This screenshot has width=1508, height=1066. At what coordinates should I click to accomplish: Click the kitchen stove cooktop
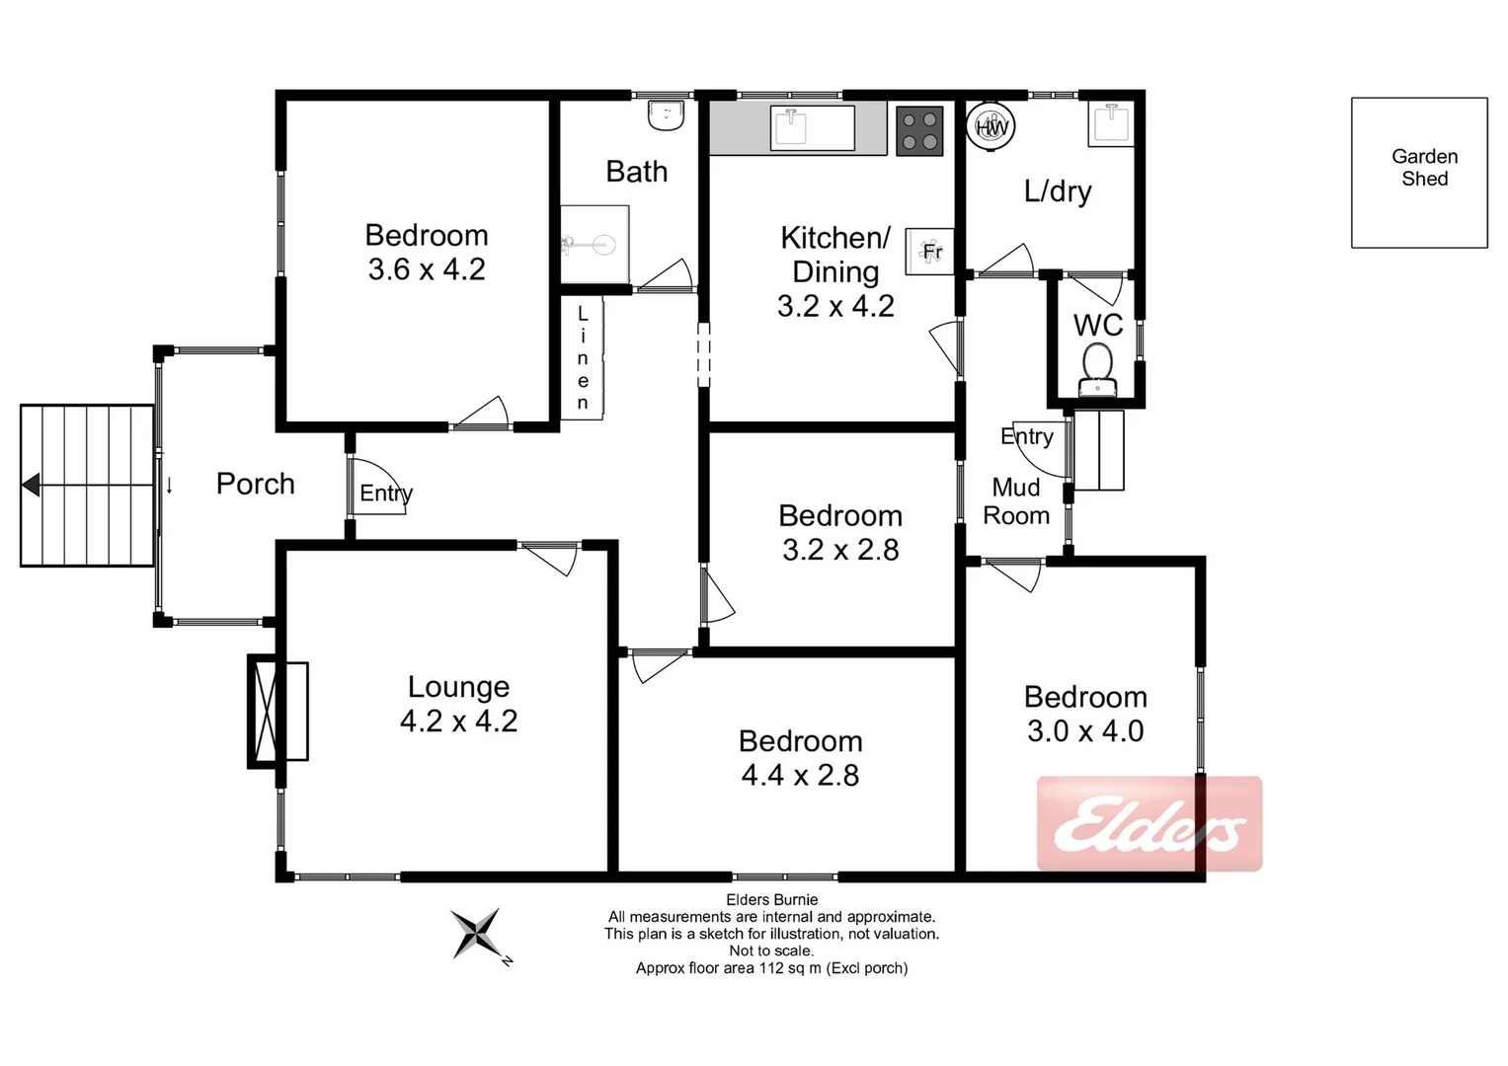[x=919, y=131]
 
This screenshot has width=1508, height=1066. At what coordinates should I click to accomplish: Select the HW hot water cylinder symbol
[x=991, y=126]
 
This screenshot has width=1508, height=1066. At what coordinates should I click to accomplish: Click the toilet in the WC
[x=1097, y=368]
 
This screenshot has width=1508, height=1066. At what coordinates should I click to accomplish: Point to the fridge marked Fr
[x=930, y=251]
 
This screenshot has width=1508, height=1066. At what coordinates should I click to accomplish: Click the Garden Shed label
[x=1424, y=168]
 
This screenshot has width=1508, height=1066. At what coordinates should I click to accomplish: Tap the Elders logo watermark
[x=1150, y=824]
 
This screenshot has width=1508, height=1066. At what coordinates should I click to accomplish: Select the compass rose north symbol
[x=477, y=934]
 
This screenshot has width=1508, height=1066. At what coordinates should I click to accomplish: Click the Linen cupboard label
[x=583, y=358]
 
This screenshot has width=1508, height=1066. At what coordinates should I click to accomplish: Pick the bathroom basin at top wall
[x=667, y=115]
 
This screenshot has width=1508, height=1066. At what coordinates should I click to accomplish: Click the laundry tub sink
[x=1111, y=124]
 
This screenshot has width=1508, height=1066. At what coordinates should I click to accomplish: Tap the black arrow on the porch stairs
[x=32, y=485]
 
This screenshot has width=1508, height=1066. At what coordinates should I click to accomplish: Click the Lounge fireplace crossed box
[x=265, y=710]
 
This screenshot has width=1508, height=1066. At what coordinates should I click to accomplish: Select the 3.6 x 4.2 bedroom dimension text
[x=427, y=269]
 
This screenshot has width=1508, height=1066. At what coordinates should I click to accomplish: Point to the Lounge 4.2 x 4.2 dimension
[x=458, y=722]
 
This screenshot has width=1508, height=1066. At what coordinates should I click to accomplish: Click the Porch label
[x=255, y=484]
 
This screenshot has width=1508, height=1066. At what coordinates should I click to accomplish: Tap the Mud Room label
[x=1016, y=501]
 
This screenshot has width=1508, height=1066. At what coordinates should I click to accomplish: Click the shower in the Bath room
[x=595, y=244]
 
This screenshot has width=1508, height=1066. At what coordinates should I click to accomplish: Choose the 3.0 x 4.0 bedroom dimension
[x=1085, y=731]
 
